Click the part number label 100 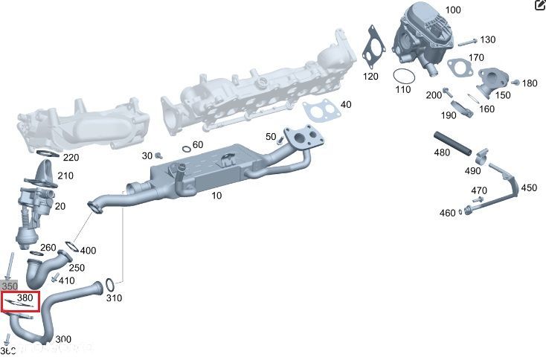[453, 10]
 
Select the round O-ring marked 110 [402, 77]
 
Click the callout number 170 [476, 57]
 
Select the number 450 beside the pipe [528, 188]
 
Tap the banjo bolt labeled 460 [469, 213]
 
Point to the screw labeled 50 [280, 139]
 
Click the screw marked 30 [158, 155]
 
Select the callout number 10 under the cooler [216, 196]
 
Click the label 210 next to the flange [65, 176]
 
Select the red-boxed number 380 [25, 298]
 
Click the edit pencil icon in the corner [539, 6]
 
